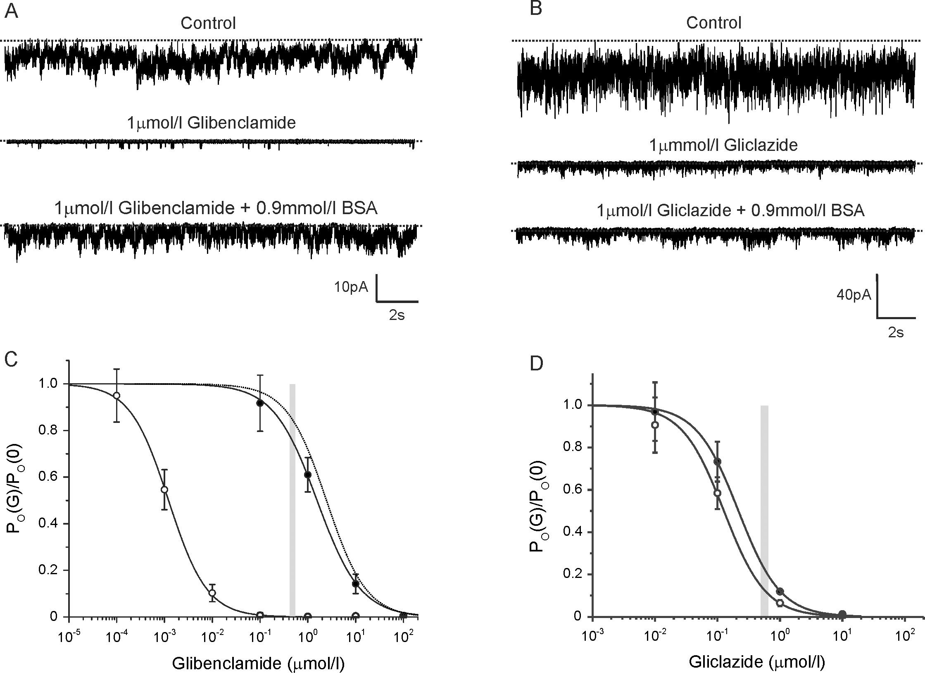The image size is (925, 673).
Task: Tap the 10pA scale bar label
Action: (x=351, y=287)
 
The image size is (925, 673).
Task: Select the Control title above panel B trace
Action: (x=713, y=23)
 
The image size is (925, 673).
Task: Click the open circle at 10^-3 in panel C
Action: (x=164, y=489)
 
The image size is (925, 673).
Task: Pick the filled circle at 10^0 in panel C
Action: (x=308, y=475)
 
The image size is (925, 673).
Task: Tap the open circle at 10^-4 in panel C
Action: (x=117, y=396)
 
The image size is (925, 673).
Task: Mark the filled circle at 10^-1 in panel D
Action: (x=718, y=461)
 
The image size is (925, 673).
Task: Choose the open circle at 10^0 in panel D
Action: (x=780, y=603)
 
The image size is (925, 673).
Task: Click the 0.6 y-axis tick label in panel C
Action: (x=48, y=477)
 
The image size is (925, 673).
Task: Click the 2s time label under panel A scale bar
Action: (x=397, y=316)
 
